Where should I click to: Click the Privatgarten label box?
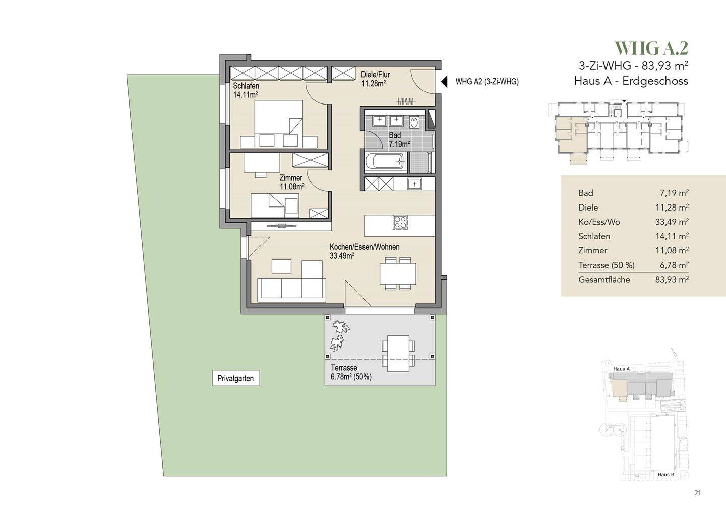235,378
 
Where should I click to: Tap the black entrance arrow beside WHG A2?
444,82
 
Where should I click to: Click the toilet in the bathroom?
414,122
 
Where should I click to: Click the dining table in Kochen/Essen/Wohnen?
398,274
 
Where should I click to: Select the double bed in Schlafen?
278,124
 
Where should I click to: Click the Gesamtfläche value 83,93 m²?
672,280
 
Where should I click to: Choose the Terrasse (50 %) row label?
607,265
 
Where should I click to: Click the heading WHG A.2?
651,48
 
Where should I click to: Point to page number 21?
697,493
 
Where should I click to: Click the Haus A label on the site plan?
621,369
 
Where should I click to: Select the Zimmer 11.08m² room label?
292,182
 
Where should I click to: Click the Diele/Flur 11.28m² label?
375,79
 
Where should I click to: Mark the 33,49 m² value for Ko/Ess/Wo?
672,222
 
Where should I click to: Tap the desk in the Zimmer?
262,163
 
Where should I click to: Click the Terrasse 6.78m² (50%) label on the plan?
351,372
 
